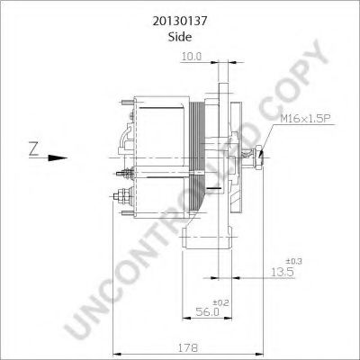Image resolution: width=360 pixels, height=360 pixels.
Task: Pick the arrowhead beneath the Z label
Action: pyautogui.click(x=64, y=159)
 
